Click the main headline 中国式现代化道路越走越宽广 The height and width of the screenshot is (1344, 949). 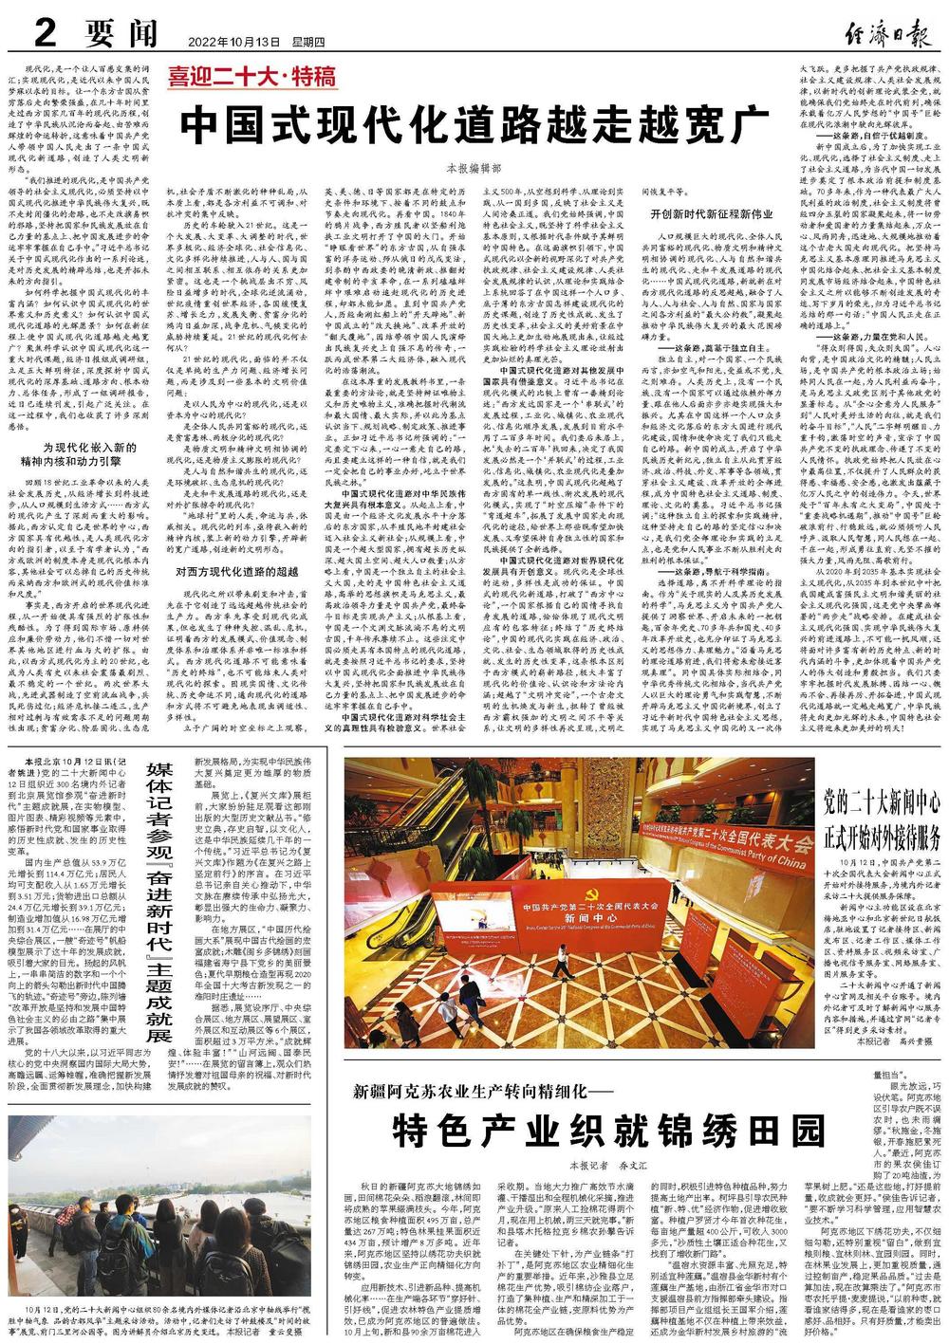(474, 123)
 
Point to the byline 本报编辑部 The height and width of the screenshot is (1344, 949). (473, 168)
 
